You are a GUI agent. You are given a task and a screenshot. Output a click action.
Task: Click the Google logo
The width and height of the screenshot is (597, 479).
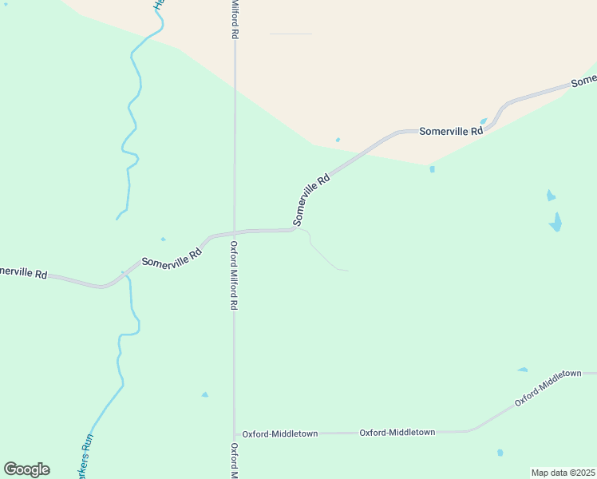[x=26, y=469]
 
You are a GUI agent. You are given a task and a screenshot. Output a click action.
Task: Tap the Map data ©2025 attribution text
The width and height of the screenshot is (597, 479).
[x=563, y=473]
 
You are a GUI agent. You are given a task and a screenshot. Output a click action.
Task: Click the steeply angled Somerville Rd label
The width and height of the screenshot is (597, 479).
[x=311, y=200]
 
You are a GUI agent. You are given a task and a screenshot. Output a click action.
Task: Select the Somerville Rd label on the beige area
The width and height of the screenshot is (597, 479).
[x=451, y=130]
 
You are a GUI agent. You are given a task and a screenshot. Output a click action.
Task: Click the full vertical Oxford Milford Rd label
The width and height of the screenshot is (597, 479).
[x=235, y=275]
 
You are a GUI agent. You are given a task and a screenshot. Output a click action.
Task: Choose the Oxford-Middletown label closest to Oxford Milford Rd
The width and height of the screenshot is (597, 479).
[x=279, y=433]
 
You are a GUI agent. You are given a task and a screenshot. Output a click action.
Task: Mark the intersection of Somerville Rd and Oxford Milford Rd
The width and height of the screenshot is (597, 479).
[x=234, y=232]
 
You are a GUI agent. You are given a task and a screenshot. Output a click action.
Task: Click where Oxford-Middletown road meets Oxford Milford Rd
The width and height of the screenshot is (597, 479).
[x=235, y=433]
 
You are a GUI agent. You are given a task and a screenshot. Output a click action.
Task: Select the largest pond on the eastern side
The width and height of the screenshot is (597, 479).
[x=555, y=222]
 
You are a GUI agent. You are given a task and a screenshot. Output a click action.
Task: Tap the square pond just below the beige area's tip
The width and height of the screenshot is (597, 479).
[x=432, y=169]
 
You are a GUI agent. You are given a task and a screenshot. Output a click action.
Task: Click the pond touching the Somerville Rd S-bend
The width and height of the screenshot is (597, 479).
[x=484, y=121]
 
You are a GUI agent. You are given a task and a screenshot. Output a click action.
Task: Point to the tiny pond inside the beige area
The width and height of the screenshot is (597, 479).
[x=338, y=140]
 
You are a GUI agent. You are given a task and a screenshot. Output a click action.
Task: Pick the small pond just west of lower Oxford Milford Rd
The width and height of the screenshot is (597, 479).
[x=205, y=394]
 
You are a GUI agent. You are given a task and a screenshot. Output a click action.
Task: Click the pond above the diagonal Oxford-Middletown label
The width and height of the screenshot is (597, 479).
[x=523, y=370]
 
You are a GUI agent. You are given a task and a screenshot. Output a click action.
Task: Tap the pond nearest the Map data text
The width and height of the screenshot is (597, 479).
[x=500, y=453]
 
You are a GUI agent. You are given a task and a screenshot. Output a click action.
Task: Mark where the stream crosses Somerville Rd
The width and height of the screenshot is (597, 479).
[x=125, y=275]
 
